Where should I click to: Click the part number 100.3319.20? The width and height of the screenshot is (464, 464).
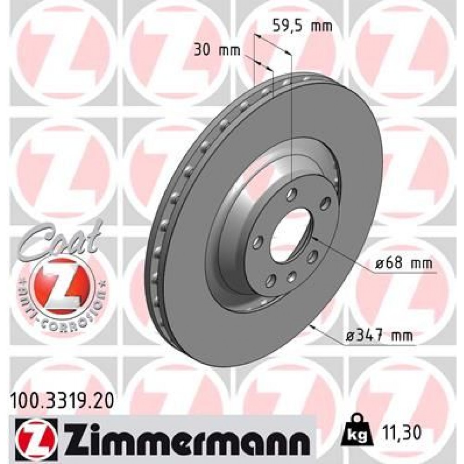(x=61, y=398)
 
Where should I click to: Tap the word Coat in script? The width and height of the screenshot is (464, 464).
(x=60, y=237)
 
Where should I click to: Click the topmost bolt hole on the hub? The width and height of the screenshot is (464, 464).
(x=291, y=195)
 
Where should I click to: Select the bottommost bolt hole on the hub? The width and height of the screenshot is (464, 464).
(x=291, y=277)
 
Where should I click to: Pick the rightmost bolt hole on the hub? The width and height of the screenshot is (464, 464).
(x=326, y=201)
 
